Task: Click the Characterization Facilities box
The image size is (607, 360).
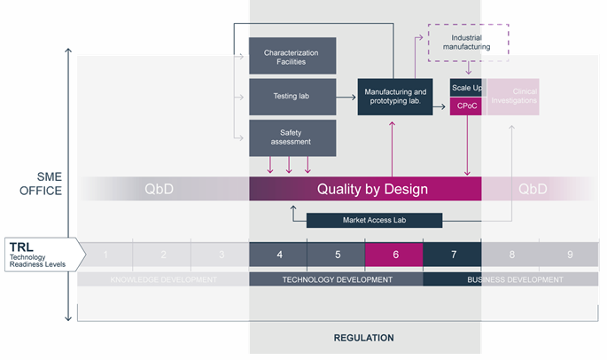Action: (x=292, y=56)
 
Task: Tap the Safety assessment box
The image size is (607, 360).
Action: (x=292, y=137)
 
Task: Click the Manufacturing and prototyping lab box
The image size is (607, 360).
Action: (x=395, y=97)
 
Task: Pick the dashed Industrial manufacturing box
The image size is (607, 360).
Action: (x=468, y=43)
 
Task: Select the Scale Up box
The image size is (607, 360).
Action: (x=466, y=88)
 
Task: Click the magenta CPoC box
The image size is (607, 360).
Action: (x=466, y=106)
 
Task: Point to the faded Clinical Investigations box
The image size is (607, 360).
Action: (x=513, y=97)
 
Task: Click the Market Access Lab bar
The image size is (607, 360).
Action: (x=374, y=220)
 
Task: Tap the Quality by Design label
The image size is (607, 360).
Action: (x=372, y=189)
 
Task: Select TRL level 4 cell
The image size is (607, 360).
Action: (x=278, y=254)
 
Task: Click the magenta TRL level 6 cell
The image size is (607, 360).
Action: (x=393, y=254)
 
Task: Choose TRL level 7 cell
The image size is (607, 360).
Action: (x=452, y=254)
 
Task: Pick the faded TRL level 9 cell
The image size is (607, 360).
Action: (x=569, y=254)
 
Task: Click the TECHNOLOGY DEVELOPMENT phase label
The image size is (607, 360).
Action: (x=337, y=279)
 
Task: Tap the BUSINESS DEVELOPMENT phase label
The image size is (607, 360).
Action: (x=515, y=279)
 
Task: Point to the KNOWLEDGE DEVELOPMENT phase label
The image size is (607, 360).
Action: (x=164, y=279)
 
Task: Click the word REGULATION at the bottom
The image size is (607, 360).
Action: (x=363, y=338)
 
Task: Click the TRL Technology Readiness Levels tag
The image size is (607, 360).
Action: (x=40, y=254)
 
